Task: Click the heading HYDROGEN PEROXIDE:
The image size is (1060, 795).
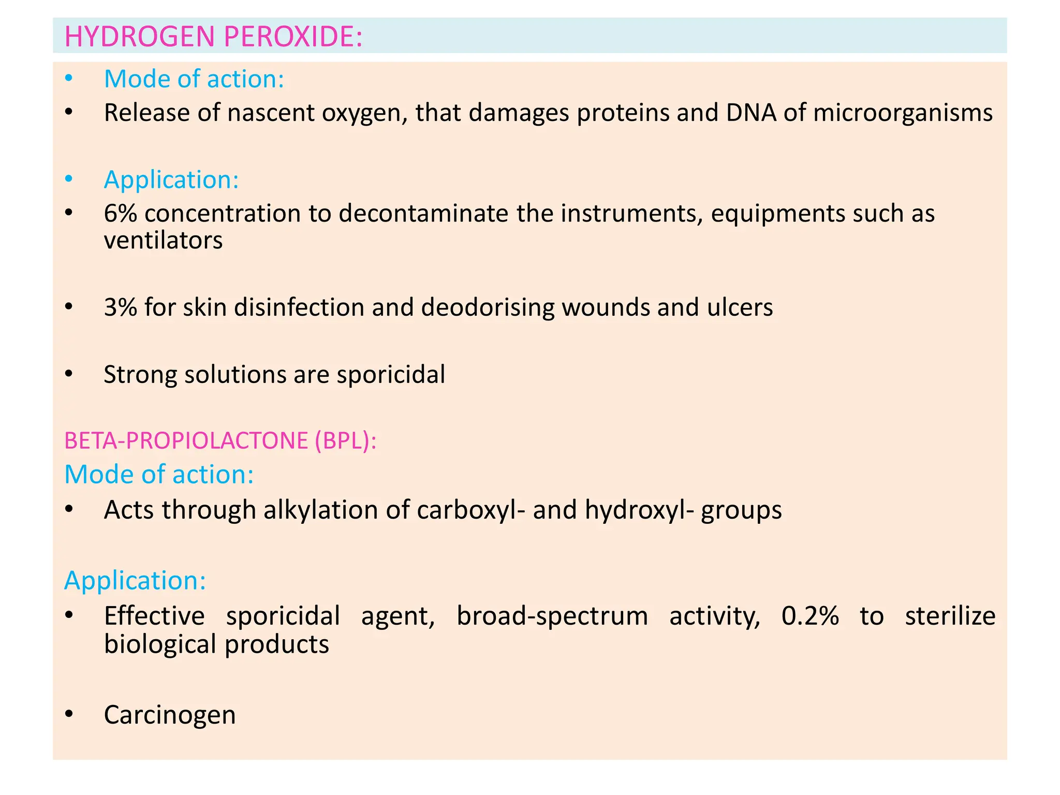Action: (x=213, y=37)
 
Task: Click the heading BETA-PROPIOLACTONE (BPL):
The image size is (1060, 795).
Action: (x=220, y=440)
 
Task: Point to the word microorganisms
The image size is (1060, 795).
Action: (x=903, y=113)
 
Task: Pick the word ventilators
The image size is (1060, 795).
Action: (x=163, y=241)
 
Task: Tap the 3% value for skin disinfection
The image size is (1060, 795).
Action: (x=121, y=307)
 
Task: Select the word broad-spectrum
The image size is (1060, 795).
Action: (x=552, y=616)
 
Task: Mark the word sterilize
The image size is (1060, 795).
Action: (x=950, y=616)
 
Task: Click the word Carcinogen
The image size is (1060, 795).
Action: (x=170, y=715)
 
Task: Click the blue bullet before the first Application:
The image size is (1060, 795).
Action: (x=69, y=180)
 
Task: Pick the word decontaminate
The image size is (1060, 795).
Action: (x=423, y=213)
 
